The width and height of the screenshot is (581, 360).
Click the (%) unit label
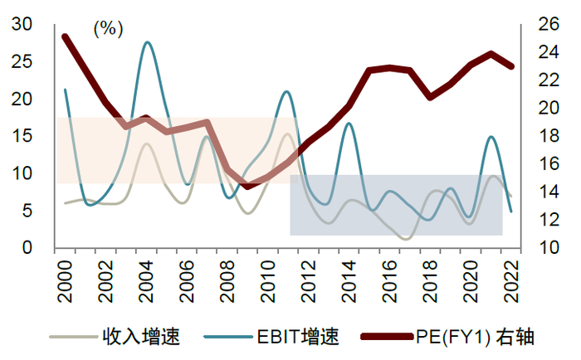tap(108, 29)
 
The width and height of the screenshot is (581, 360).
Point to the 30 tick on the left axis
tap(22, 25)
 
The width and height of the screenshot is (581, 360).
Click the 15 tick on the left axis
tap(22, 137)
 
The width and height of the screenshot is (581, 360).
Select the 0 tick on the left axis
tap(27, 248)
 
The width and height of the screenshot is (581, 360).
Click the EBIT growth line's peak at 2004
tap(148, 42)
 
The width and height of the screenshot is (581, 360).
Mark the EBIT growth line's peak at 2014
tap(349, 124)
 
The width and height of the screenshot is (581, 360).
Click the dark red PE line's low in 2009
tap(247, 187)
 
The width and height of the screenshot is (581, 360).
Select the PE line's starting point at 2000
tap(65, 36)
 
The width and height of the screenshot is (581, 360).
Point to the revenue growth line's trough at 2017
tap(405, 239)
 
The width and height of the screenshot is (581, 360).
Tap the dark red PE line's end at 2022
tap(511, 66)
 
